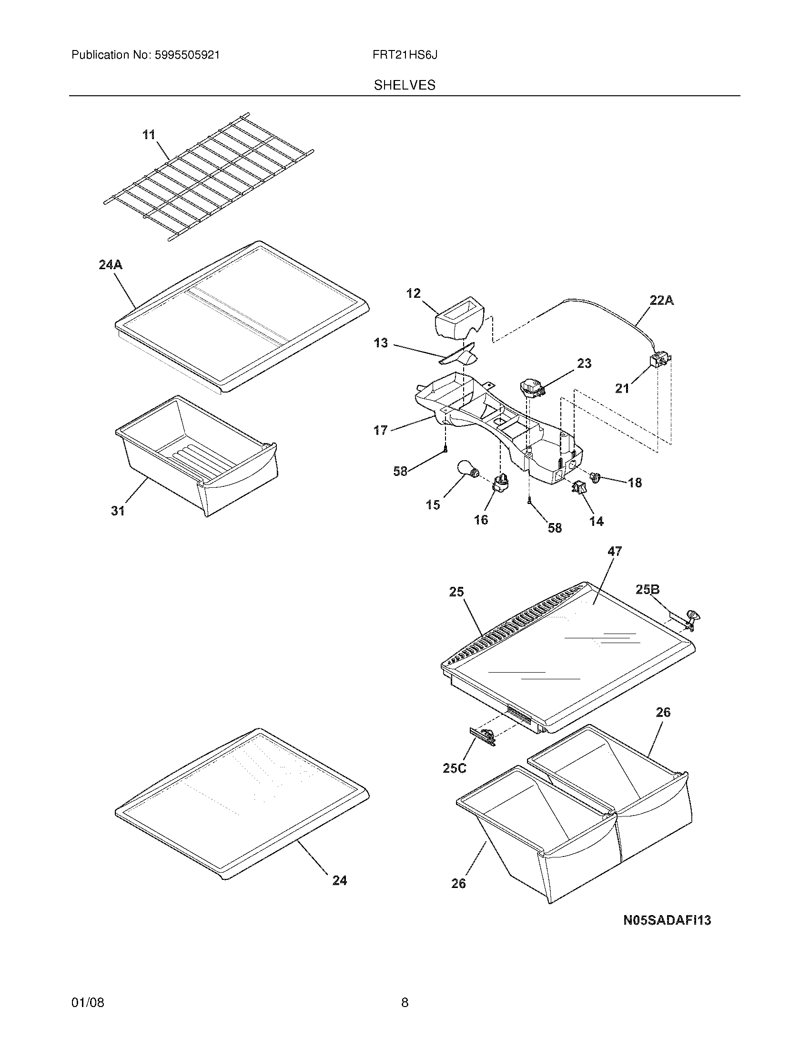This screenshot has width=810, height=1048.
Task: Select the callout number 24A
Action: click(x=111, y=264)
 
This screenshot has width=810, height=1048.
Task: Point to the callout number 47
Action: click(x=615, y=551)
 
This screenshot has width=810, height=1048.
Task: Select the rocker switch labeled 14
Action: click(x=578, y=488)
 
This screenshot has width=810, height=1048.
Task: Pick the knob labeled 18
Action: click(x=596, y=477)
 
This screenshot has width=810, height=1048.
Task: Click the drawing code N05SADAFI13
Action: click(x=667, y=920)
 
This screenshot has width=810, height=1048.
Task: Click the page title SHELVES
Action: click(x=405, y=85)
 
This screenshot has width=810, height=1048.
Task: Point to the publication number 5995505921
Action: click(x=187, y=55)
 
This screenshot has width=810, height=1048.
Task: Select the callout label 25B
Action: click(x=648, y=590)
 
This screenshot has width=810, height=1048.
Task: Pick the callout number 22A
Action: click(x=662, y=301)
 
